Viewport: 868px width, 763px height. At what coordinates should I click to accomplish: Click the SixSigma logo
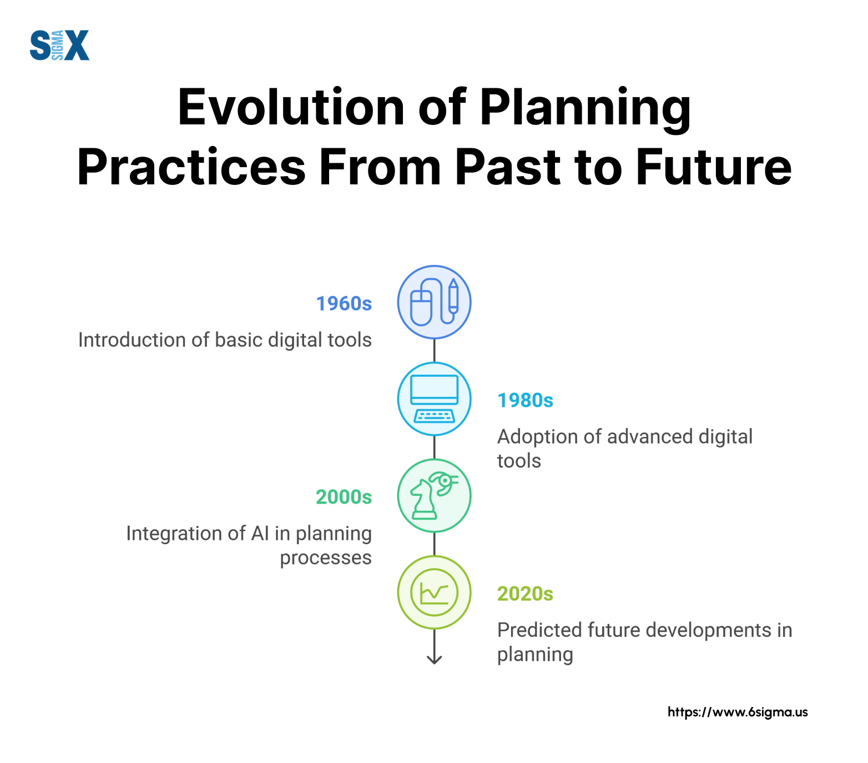[59, 45]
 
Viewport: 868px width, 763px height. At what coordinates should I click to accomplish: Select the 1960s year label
[344, 304]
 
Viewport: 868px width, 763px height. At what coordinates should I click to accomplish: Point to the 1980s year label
[525, 400]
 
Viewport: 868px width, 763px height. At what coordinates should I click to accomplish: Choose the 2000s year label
[344, 497]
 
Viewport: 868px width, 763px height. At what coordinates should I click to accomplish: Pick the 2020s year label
[525, 594]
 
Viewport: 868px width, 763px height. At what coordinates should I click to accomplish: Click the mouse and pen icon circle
[434, 302]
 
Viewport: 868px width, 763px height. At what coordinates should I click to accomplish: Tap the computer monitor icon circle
[434, 399]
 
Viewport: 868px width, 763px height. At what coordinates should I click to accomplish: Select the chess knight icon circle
[434, 495]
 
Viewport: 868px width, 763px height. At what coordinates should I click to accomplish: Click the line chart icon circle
[434, 593]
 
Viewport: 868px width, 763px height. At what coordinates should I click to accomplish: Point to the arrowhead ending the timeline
[434, 660]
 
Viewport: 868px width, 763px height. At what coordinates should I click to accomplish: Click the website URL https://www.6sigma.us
[738, 712]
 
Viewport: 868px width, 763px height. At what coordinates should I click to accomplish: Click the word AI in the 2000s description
[260, 533]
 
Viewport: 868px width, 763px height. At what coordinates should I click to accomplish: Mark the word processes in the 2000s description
[326, 558]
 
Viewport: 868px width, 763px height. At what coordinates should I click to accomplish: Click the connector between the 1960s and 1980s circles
[434, 350]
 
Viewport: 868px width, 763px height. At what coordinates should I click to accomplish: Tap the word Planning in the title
[586, 109]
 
